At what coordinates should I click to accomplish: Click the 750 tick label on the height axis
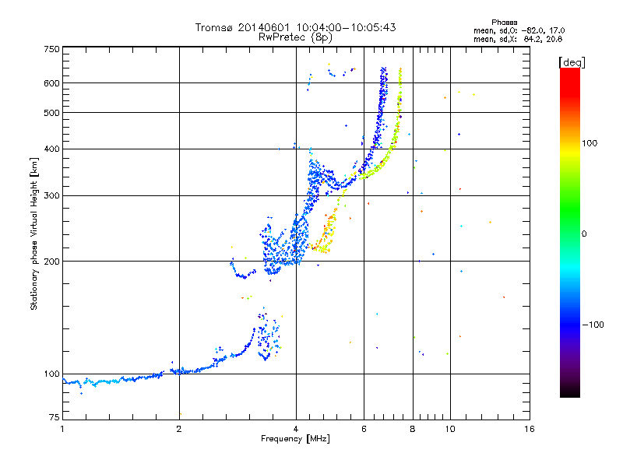[52, 49]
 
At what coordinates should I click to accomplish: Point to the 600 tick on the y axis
[52, 83]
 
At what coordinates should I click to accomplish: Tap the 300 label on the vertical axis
[52, 196]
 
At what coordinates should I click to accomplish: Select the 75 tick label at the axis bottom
[55, 417]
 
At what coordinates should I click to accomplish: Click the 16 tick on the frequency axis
[530, 429]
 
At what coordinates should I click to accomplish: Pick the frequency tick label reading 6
[364, 429]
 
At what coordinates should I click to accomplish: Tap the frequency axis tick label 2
[179, 429]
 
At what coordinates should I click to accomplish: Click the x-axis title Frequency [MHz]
[295, 439]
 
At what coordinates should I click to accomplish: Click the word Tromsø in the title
[213, 27]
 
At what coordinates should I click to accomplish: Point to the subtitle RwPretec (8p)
[295, 37]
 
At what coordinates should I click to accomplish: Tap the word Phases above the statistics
[504, 23]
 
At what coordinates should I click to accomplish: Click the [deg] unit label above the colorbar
[572, 62]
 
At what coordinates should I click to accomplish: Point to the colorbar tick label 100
[590, 143]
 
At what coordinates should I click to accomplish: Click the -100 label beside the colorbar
[593, 325]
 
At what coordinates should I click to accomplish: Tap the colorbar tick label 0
[584, 234]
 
